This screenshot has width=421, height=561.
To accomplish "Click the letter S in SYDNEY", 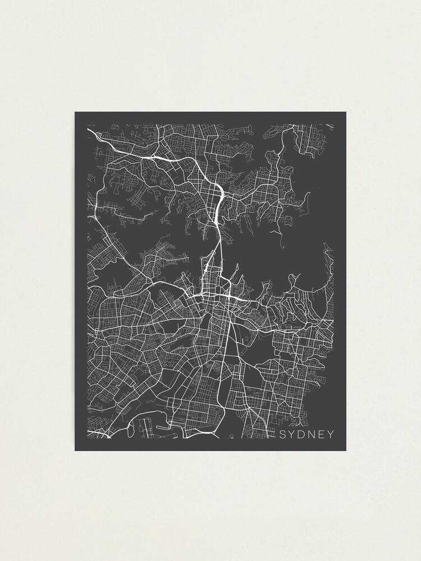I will tap(282, 435).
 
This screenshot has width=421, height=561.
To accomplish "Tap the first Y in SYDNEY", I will tap(292, 435).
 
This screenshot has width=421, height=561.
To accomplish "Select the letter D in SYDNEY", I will tap(301, 435).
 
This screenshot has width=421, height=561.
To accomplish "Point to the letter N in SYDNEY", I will tap(312, 435).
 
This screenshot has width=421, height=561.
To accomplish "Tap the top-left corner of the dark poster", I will tap(75, 112).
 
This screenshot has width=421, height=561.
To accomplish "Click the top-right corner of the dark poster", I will tap(346, 112).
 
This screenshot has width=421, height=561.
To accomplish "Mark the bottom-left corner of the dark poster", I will tap(75, 450).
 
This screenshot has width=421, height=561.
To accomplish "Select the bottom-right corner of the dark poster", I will tap(346, 450).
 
